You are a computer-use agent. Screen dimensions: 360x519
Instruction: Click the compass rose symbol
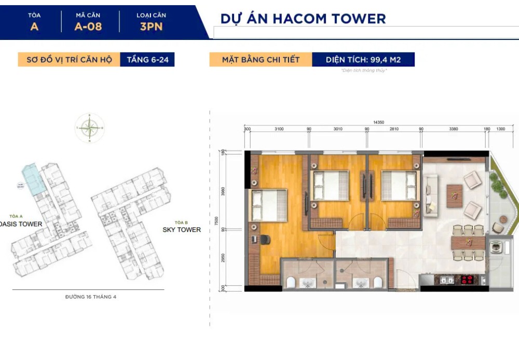pos(89,128)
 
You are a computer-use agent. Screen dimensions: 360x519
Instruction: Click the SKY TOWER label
pos(181,229)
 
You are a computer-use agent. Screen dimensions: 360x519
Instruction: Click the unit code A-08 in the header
pos(88,26)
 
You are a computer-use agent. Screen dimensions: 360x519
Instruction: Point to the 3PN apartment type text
pos(151,26)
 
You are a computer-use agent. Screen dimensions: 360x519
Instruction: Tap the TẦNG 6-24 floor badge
pos(147,60)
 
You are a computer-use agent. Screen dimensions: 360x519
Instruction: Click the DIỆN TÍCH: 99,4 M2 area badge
pos(363,60)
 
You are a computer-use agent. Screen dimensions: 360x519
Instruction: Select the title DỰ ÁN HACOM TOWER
pos(303,19)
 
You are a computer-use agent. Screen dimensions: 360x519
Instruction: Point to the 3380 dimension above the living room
pos(453,129)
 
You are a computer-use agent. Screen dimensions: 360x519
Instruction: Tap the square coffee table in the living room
pos(455,196)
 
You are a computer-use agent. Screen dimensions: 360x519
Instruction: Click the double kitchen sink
pos(445,280)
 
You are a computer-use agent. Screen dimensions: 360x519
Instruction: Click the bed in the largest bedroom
pos(269,205)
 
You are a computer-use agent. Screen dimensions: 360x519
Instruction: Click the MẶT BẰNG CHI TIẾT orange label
pos(261,60)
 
